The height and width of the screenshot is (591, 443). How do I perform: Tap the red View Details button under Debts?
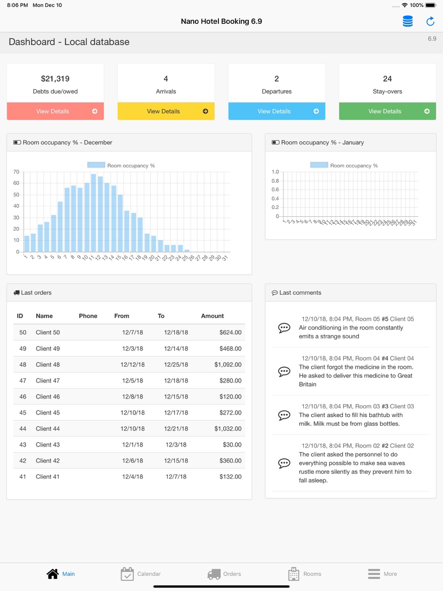click(x=55, y=111)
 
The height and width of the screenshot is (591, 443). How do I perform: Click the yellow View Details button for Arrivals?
click(x=166, y=111)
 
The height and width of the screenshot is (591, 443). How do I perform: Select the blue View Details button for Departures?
click(x=277, y=111)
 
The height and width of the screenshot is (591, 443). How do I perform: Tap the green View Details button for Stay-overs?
click(x=387, y=111)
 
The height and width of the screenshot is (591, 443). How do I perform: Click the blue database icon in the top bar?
click(x=407, y=21)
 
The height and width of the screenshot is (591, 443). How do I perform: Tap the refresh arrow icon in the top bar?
click(x=430, y=21)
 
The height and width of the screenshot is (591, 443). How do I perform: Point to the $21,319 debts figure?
click(x=55, y=79)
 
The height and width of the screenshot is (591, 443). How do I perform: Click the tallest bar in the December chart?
click(x=93, y=213)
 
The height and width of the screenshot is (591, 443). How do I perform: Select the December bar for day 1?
click(x=27, y=244)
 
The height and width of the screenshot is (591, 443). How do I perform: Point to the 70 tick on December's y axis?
click(x=16, y=172)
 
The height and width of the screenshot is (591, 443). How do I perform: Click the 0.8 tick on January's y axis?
click(x=275, y=181)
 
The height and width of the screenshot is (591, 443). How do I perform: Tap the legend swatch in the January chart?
click(x=319, y=165)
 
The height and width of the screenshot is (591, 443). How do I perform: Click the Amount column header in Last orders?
click(x=212, y=316)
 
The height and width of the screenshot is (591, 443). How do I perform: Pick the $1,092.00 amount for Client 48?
click(x=228, y=365)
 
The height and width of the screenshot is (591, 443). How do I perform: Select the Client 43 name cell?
click(x=48, y=444)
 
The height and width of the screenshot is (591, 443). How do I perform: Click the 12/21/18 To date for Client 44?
click(x=176, y=429)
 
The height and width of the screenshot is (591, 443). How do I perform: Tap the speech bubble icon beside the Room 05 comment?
click(x=284, y=328)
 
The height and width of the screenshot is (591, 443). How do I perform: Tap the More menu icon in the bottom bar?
click(x=374, y=574)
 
